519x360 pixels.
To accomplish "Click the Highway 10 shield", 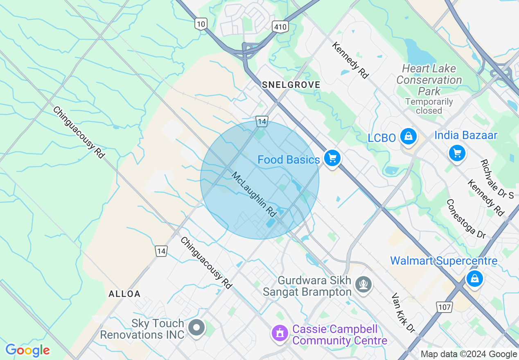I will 201,24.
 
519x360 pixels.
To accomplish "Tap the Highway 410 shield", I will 280,27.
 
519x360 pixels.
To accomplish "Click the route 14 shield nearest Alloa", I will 161,251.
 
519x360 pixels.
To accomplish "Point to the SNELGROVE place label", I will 291,85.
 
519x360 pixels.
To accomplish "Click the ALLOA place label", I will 124,294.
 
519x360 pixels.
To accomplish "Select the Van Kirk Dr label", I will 403,312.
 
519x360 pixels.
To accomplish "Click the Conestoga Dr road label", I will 466,219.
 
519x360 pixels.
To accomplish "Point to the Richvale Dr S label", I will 497,179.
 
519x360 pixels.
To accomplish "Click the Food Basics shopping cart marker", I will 332,158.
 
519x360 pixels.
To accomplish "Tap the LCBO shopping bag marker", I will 408,137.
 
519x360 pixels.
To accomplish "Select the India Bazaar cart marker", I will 457,153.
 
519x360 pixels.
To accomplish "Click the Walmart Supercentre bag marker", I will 474,279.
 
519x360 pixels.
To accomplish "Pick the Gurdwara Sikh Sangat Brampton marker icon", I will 363,283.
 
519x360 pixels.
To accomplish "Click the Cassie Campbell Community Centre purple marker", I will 280,333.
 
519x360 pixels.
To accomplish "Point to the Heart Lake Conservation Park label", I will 429,80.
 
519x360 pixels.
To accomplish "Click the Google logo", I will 27,350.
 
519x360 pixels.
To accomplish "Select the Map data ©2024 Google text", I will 469,354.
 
